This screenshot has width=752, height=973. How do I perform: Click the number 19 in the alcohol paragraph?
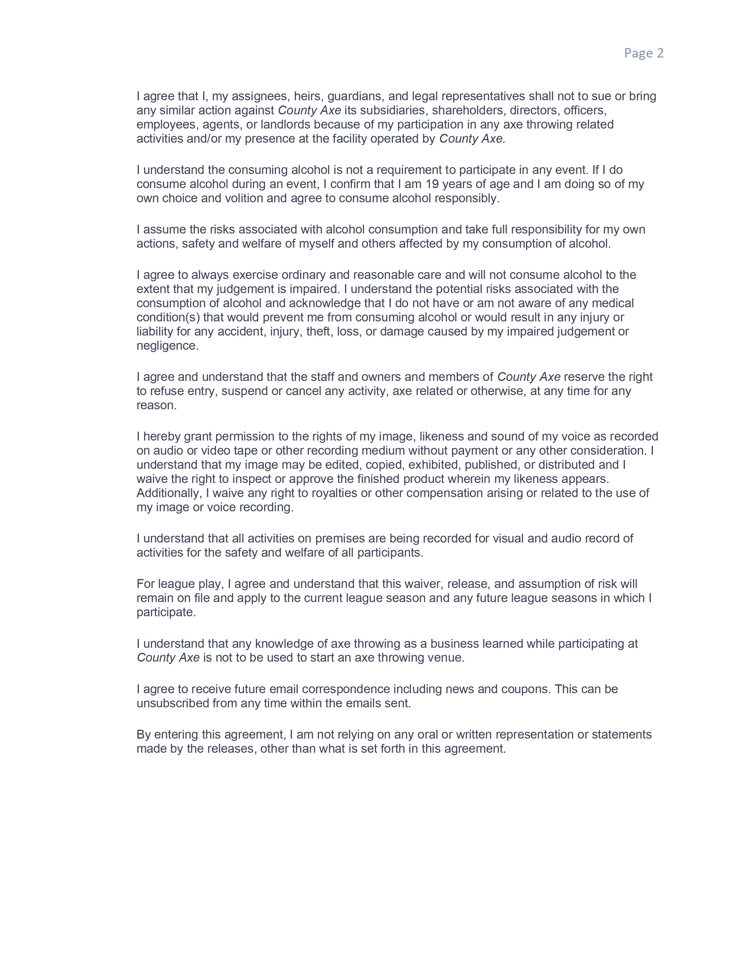pos(432,184)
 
